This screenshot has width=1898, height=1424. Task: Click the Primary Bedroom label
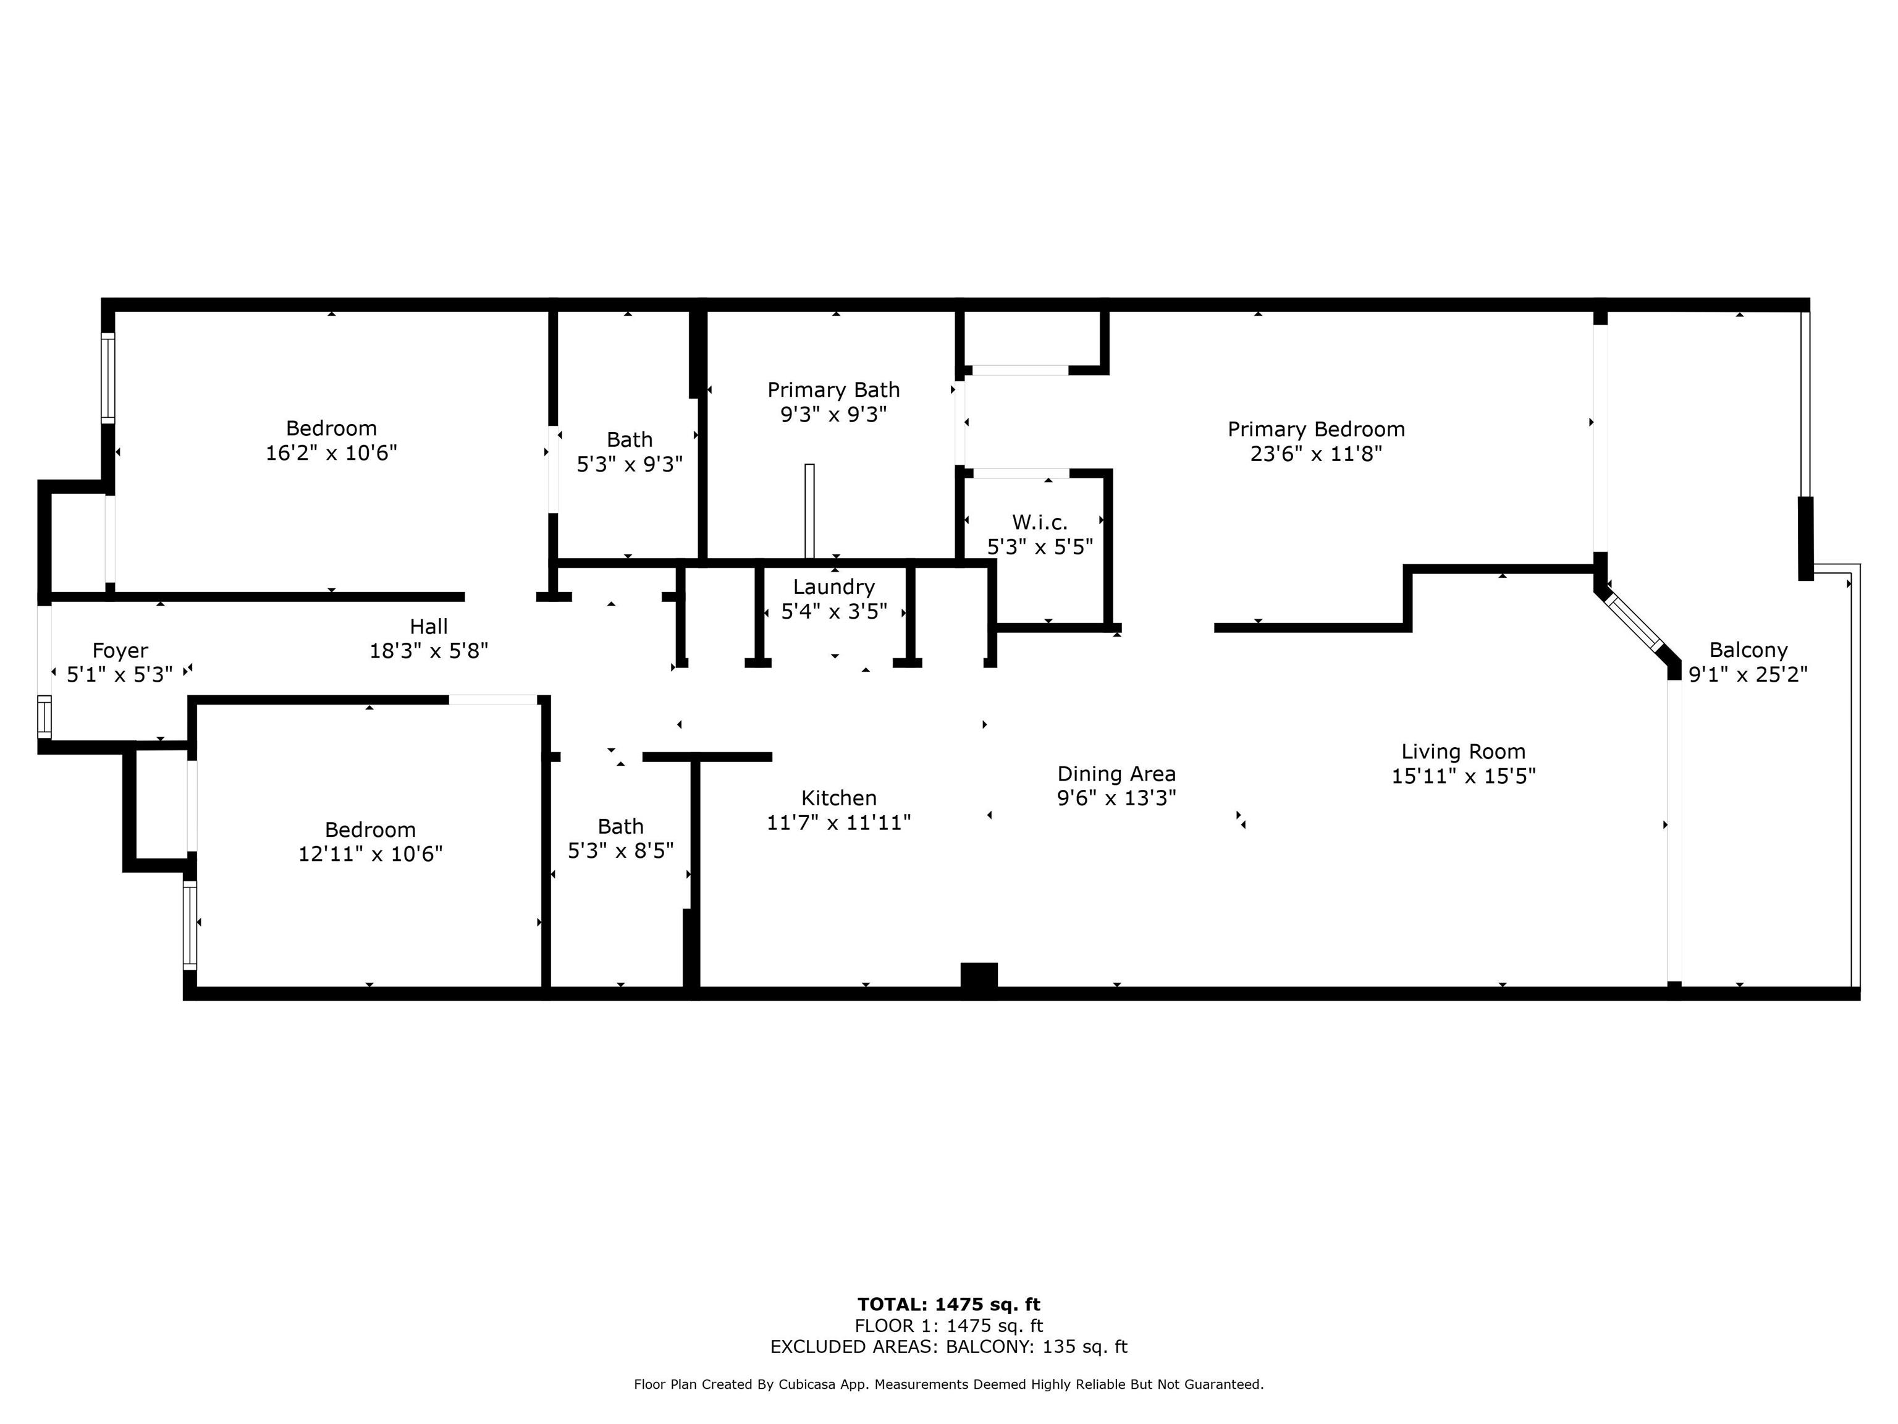1316,429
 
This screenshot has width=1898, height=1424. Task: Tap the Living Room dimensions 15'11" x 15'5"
1463,776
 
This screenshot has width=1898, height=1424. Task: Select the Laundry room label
834,587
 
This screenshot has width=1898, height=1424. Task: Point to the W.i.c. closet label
1040,522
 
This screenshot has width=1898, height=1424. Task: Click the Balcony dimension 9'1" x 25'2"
1748,675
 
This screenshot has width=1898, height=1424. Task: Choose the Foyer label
120,651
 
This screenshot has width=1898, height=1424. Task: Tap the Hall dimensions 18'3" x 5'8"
428,651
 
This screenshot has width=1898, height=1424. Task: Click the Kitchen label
839,799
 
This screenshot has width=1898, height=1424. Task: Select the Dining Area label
1116,774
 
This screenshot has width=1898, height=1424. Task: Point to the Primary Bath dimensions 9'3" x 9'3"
833,415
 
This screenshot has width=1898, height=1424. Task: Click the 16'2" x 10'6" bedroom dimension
331,452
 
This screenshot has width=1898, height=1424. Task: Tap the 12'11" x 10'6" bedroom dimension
371,854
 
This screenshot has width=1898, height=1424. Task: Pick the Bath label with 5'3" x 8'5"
620,826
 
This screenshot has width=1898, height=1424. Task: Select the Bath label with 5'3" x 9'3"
630,439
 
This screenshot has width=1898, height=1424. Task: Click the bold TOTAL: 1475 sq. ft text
949,1305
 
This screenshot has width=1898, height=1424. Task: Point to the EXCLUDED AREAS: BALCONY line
949,1347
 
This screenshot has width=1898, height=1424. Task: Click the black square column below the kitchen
979,980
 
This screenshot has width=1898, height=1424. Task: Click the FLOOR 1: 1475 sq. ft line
949,1326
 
